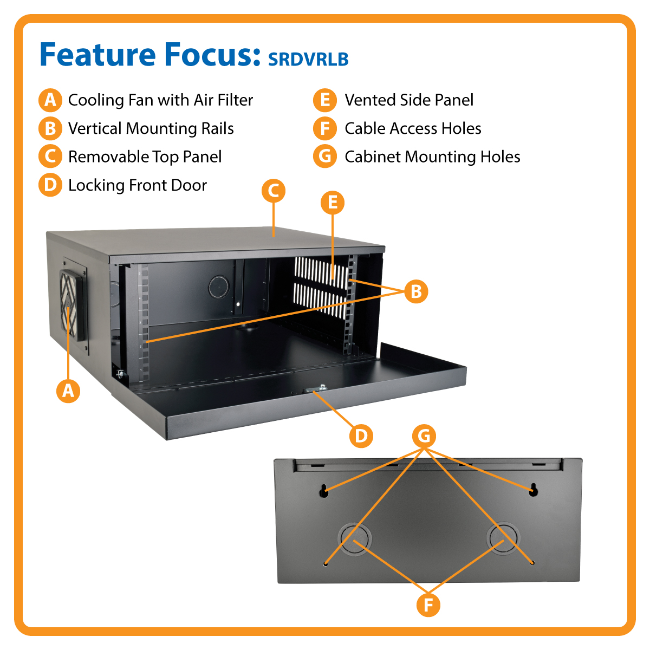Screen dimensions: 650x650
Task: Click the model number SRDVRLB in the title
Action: (x=308, y=58)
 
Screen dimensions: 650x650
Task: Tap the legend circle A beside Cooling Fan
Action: (x=50, y=100)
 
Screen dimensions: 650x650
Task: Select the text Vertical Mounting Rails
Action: (x=151, y=128)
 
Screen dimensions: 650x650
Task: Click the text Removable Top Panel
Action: (x=145, y=157)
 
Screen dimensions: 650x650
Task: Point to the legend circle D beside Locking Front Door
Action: (x=50, y=185)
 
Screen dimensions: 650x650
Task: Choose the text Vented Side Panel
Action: (x=409, y=100)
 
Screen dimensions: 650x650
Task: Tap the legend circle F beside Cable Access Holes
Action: (x=325, y=128)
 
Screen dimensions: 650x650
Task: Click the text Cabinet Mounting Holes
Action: (x=432, y=157)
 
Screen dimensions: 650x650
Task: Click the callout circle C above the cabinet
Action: (x=274, y=191)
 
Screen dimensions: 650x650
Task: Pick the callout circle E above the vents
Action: (x=333, y=203)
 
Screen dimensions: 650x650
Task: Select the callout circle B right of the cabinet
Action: (x=416, y=291)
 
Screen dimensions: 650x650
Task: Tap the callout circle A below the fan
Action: (x=68, y=390)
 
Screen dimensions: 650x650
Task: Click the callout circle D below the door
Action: (x=361, y=435)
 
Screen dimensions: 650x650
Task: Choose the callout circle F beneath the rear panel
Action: (x=428, y=604)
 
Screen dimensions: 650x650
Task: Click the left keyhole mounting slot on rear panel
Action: (x=324, y=491)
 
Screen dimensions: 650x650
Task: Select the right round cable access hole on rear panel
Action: (x=503, y=538)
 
